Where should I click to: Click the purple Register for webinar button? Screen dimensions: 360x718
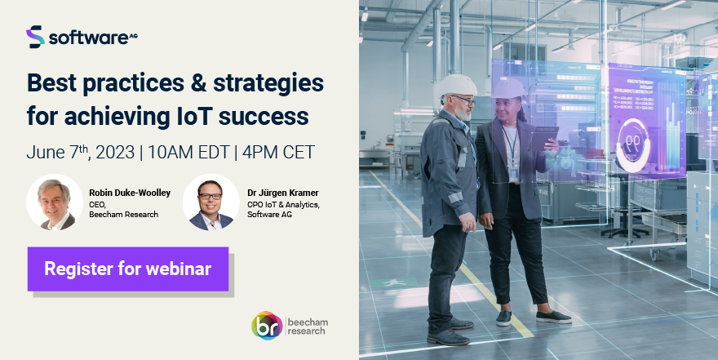127,269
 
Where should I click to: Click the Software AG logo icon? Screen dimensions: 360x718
35,37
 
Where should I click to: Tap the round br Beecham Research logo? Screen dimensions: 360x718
267,325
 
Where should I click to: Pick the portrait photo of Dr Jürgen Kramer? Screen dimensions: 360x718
211,202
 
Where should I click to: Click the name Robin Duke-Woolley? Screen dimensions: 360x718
130,193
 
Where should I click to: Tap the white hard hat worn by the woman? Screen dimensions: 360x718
511,88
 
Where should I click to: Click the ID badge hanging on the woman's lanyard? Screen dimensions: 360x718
514,173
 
